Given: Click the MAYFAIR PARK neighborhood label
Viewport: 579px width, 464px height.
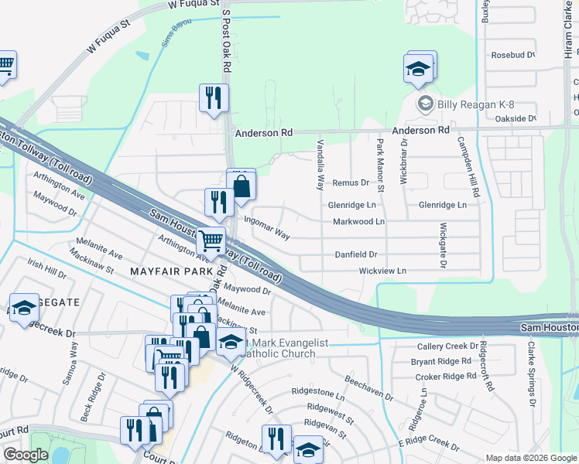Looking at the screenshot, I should (170, 271).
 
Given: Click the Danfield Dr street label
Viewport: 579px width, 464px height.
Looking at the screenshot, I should (355, 254).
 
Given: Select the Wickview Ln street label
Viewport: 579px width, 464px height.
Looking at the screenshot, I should (382, 271).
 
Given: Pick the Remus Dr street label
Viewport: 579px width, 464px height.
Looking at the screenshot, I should (351, 183).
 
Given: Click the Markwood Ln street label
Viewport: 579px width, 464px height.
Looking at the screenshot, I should (358, 222).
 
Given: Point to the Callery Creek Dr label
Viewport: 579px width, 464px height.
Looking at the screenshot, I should (448, 346).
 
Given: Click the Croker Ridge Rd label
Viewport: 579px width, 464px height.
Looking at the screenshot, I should (445, 376).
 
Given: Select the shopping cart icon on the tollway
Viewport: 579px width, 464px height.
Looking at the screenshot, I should (210, 241).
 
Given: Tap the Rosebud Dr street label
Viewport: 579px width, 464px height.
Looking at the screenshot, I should (513, 55).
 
